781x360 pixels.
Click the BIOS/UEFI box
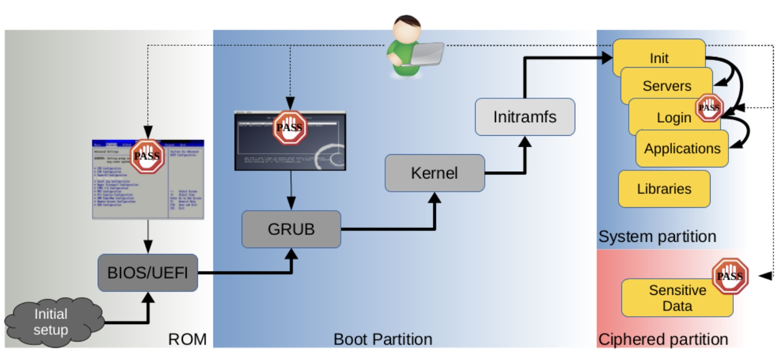pos(147,273)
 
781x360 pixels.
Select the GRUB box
pos(291,229)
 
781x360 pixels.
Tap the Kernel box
pos(434,173)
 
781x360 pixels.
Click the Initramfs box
pos(524,117)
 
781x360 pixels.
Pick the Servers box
pos(666,87)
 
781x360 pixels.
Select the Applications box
pos(682,149)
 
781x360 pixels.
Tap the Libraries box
pos(664,189)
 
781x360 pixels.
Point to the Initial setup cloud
pos(51,322)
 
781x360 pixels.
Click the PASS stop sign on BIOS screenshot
pos(147,156)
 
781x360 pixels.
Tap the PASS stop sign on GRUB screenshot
pos(289,127)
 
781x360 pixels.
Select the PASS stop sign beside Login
pos(709,108)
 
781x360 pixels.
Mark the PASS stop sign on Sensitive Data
pos(729,276)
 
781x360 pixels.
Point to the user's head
pos(407,30)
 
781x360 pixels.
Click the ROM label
pos(187,339)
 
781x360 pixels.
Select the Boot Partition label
pos(383,339)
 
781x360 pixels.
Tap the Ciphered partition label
pos(663,339)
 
